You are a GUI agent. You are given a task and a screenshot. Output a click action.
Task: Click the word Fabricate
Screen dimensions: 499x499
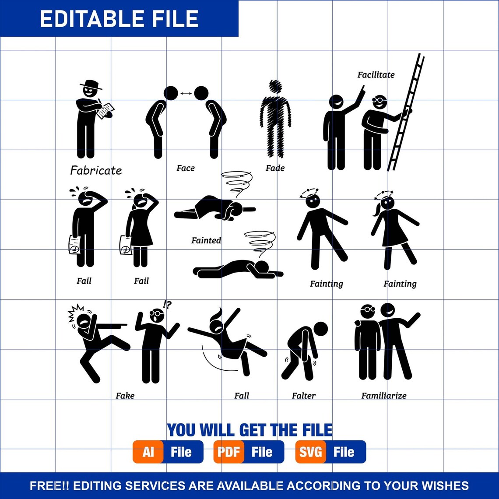coord(96,170)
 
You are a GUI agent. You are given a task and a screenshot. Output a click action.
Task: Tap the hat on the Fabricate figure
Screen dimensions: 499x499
coord(91,84)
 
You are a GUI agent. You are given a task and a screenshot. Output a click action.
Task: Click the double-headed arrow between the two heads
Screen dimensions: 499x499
coord(186,93)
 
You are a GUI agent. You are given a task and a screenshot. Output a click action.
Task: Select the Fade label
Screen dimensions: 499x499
coord(275,168)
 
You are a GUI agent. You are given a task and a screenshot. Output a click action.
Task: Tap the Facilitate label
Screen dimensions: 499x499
coord(376,75)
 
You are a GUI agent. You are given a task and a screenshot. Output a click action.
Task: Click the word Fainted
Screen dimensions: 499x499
coord(206,240)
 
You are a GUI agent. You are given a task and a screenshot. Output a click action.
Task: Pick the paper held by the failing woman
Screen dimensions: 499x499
coord(126,246)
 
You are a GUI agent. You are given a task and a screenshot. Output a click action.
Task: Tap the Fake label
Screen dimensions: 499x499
coord(125,396)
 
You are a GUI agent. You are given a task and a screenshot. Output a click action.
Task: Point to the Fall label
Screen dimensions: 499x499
coord(241,396)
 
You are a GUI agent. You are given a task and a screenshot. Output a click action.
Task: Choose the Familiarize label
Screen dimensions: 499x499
coord(383,396)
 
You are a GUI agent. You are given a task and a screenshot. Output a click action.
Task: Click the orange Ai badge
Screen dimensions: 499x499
coord(148,452)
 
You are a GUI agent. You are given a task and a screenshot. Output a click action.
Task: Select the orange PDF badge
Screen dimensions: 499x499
coord(229,452)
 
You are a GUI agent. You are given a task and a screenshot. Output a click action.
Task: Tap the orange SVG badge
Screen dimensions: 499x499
coord(310,452)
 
